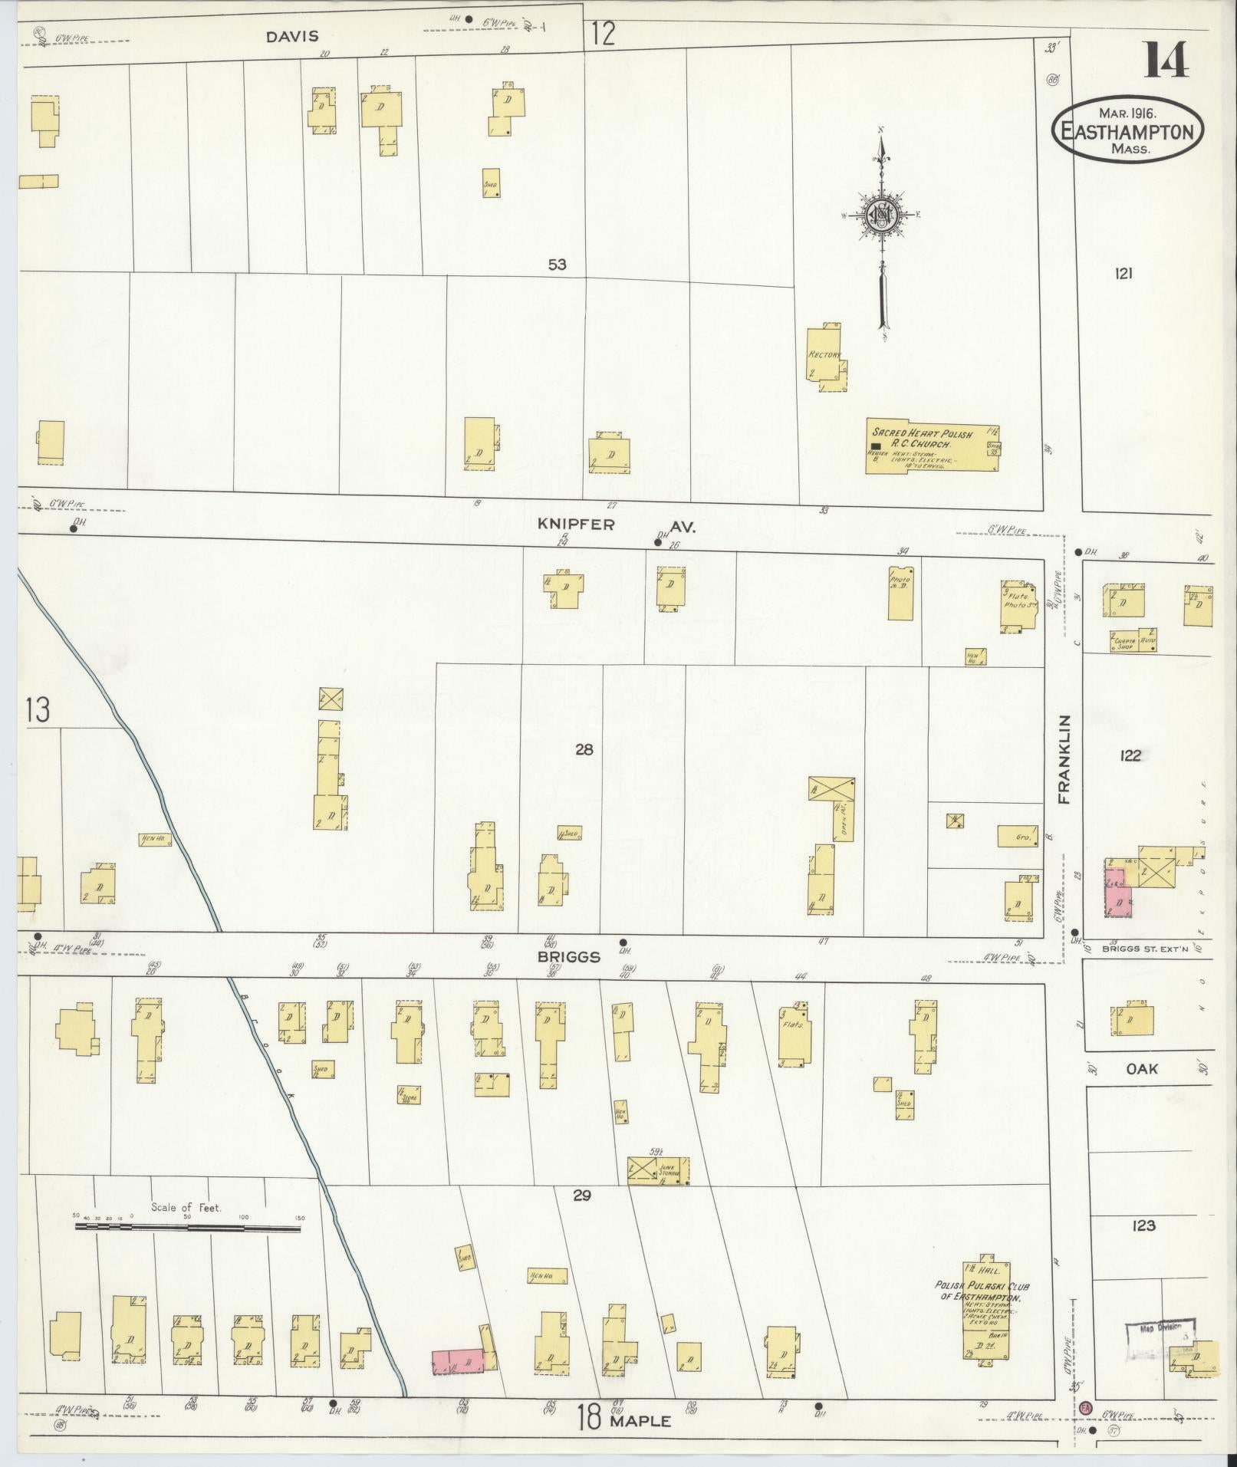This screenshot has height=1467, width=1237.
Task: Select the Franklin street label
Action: click(1064, 759)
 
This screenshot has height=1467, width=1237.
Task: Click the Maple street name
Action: click(640, 1421)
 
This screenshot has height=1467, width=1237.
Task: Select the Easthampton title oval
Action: click(1127, 130)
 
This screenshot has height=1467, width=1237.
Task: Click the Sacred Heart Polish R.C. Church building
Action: click(932, 446)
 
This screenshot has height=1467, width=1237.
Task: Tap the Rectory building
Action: click(825, 355)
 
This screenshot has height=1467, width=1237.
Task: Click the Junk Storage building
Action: click(658, 1171)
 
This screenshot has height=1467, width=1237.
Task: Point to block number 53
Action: click(558, 265)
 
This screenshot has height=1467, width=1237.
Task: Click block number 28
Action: click(584, 749)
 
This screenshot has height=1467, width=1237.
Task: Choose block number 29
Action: click(582, 1195)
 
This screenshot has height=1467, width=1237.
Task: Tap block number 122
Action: click(1130, 755)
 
